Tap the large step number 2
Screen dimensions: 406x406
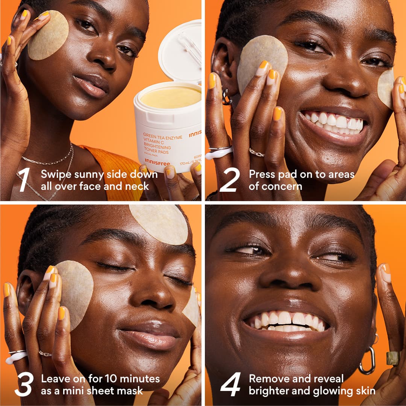point(230,180)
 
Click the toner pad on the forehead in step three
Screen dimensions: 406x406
point(158,223)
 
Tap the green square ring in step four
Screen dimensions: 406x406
point(392,358)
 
